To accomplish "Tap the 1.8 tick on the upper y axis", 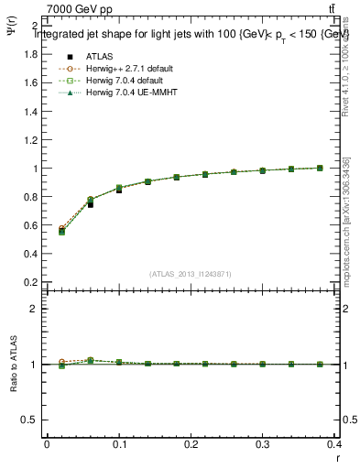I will click(31, 54).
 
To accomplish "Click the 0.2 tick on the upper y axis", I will click(31, 282).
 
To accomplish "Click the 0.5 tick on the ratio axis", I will click(31, 420).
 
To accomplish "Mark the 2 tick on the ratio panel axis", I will click(35, 309).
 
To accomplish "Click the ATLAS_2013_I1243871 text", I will click(191, 274).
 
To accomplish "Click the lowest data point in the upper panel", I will click(61, 232).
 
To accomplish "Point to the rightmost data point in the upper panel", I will click(320, 168).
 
